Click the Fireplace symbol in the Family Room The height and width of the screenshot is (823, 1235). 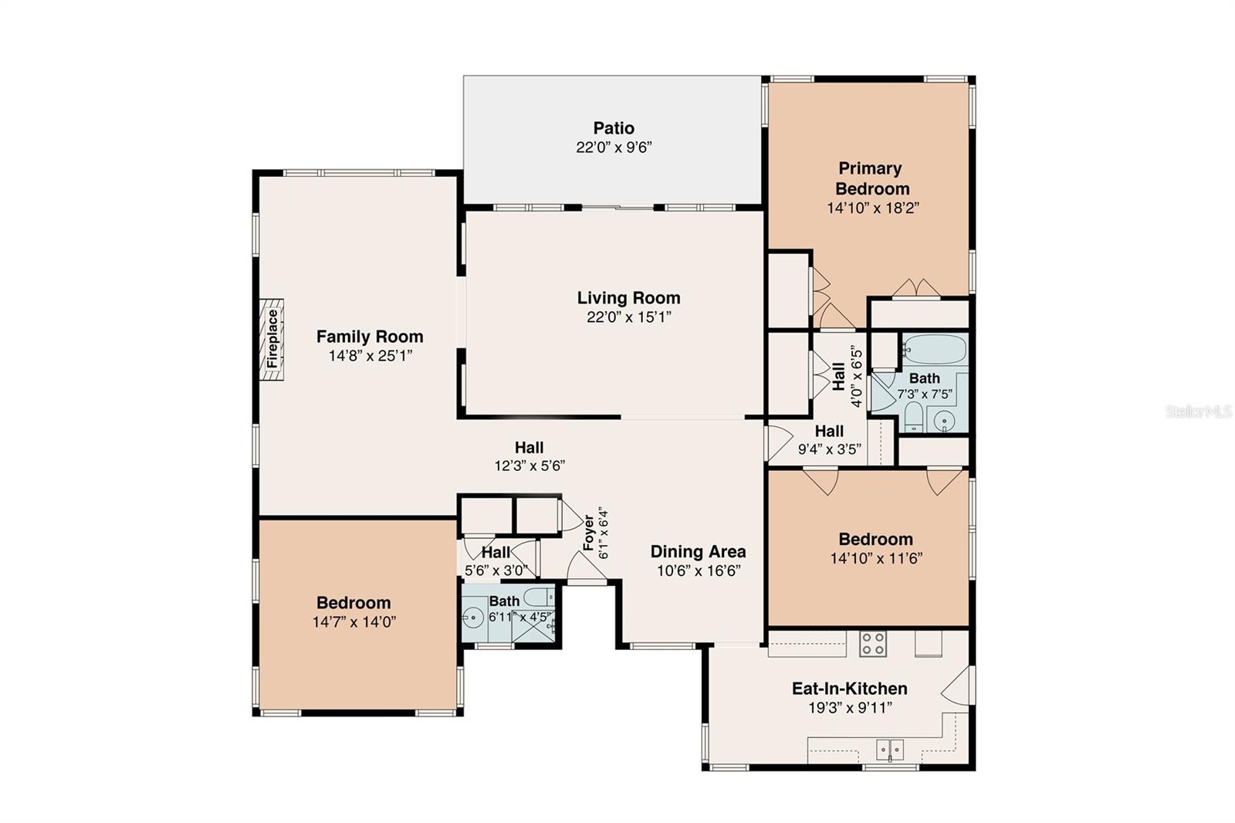[272, 340]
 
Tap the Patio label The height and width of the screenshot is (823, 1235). [614, 128]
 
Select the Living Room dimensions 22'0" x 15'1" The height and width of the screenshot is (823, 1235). [628, 317]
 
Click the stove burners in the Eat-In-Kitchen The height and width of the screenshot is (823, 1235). [873, 644]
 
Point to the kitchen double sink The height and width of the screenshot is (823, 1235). [889, 748]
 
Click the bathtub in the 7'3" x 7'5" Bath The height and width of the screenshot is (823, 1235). [933, 350]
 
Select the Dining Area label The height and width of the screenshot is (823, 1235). [698, 551]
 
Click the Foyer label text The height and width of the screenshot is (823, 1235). [588, 533]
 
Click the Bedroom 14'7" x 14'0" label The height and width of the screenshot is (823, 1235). [354, 602]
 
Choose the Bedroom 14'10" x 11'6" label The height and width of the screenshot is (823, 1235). [875, 539]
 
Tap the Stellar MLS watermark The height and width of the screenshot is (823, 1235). [1199, 411]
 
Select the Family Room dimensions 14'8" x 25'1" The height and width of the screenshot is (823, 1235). [370, 356]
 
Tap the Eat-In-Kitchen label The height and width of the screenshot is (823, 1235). [849, 688]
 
